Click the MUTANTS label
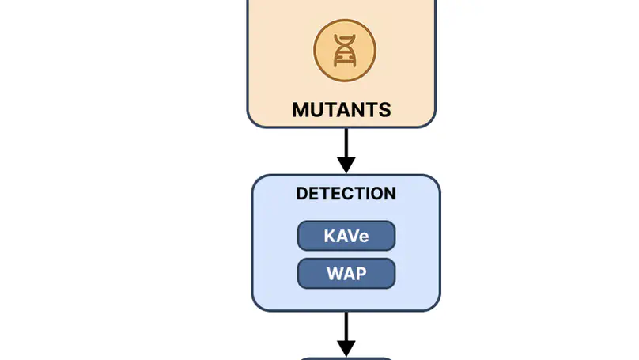click(342, 109)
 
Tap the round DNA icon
click(345, 51)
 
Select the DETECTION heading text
click(346, 194)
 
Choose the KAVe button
click(346, 236)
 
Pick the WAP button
click(346, 274)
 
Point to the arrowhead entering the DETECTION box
click(346, 164)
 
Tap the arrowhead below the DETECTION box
click(346, 348)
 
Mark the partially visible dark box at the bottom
click(346, 358)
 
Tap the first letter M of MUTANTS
click(301, 109)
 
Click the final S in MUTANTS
click(384, 109)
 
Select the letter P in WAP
click(360, 274)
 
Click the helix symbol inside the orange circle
click(345, 51)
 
